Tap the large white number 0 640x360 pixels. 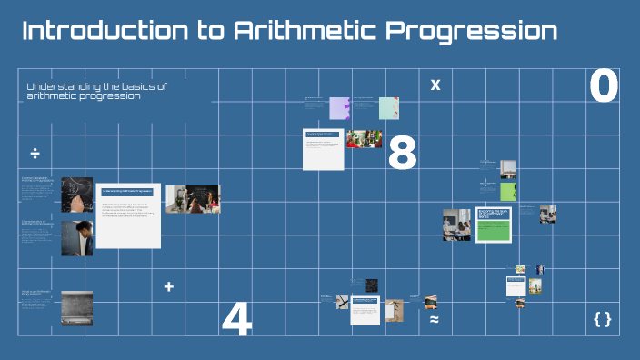pyautogui.click(x=604, y=87)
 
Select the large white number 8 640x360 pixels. pyautogui.click(x=402, y=154)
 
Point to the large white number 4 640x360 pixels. pyautogui.click(x=236, y=319)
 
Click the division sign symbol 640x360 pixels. pyautogui.click(x=35, y=152)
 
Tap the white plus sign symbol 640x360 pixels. pyautogui.click(x=168, y=287)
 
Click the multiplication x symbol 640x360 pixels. pyautogui.click(x=435, y=85)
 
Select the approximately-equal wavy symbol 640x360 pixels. pyautogui.click(x=435, y=320)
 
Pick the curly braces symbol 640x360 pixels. pyautogui.click(x=602, y=319)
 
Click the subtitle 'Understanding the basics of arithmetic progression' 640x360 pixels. pyautogui.click(x=97, y=91)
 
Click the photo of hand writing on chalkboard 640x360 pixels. pyautogui.click(x=76, y=195)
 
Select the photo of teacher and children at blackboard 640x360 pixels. pyautogui.click(x=193, y=199)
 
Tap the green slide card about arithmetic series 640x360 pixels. pyautogui.click(x=494, y=225)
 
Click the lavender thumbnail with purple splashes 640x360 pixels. pyautogui.click(x=339, y=108)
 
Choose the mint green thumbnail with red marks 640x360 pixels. pyautogui.click(x=388, y=108)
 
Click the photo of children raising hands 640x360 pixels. pyautogui.click(x=365, y=139)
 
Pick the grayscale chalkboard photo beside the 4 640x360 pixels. pyautogui.click(x=76, y=308)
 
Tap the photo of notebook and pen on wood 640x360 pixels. pyautogui.click(x=394, y=310)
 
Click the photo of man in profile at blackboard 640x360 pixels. pyautogui.click(x=76, y=238)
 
